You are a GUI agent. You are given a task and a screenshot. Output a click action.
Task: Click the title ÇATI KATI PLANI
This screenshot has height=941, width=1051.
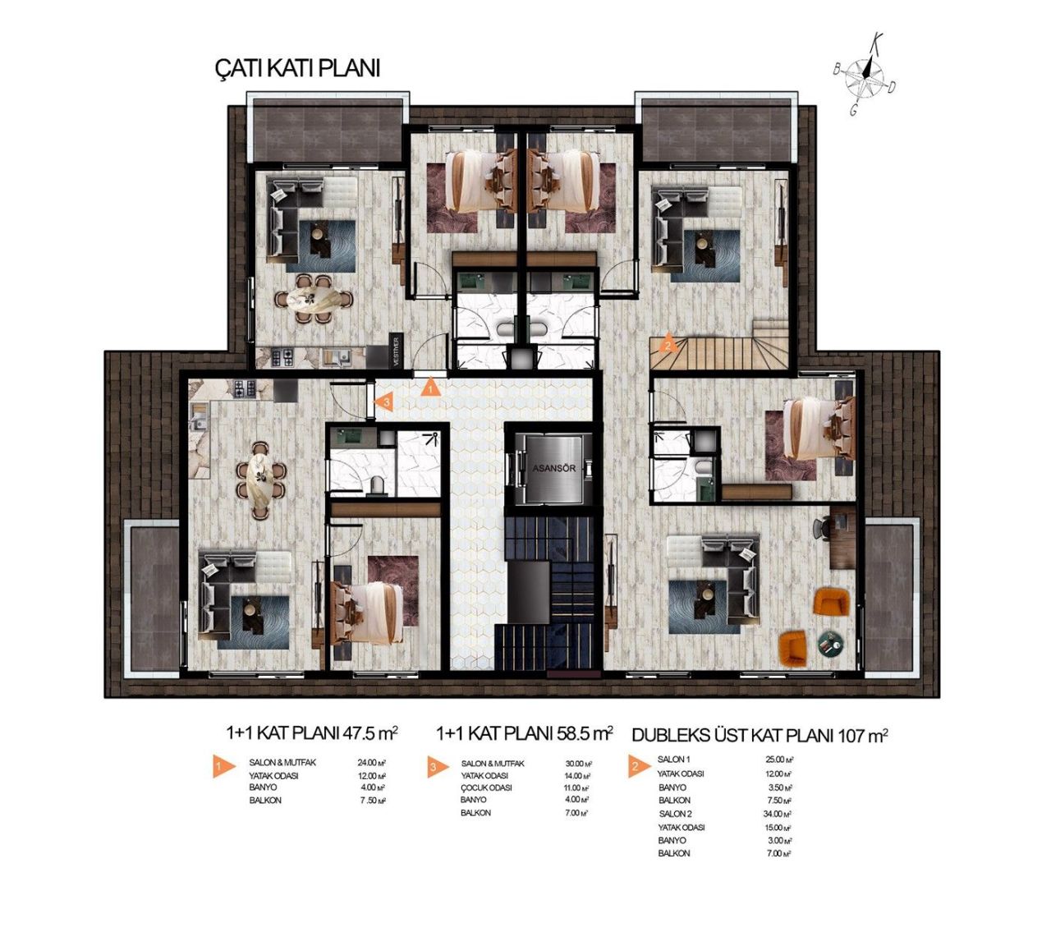click(x=296, y=68)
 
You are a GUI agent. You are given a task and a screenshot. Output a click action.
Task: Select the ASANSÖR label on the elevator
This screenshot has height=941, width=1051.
click(x=554, y=469)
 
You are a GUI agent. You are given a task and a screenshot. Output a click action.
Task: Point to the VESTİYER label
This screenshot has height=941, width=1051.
click(x=395, y=351)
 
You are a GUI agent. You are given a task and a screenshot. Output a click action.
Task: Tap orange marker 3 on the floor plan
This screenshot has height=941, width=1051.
click(x=383, y=402)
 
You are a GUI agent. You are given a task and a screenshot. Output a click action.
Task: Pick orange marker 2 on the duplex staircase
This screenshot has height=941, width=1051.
click(x=669, y=343)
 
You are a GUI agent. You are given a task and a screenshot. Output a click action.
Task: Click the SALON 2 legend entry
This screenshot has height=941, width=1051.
click(x=675, y=814)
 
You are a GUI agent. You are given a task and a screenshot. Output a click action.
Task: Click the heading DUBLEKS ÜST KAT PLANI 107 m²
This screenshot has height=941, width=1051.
click(x=760, y=735)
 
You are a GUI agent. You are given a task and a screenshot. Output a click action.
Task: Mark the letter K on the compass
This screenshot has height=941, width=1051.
click(x=877, y=39)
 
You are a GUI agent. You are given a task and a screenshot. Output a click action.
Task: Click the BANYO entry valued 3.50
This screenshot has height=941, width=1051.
click(x=674, y=787)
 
